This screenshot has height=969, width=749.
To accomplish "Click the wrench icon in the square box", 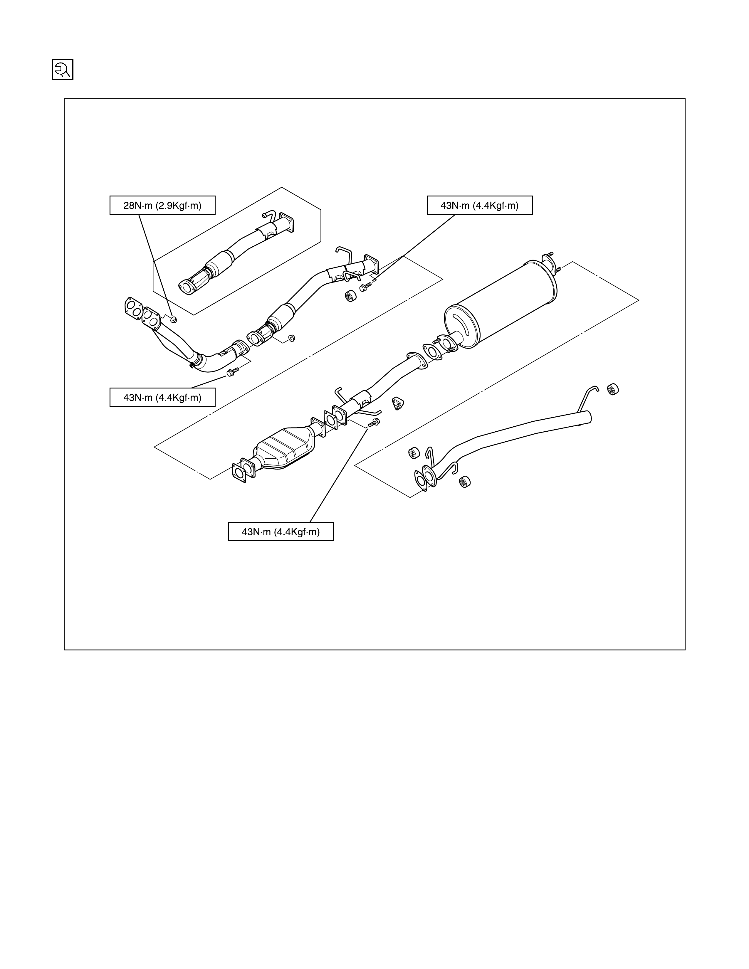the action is point(63,70).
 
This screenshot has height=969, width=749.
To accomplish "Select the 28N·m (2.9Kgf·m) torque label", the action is point(162,206).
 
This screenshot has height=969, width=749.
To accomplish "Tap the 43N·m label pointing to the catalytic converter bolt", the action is point(281,531).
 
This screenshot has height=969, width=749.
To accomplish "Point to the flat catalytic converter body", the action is point(284,448).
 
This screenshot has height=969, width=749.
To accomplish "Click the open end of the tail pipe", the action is point(589,417).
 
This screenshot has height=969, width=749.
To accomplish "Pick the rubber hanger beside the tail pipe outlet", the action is point(613,389).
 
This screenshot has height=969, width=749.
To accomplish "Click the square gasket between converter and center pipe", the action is point(330,419).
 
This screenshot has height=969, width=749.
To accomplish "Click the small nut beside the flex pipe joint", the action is point(292,338).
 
